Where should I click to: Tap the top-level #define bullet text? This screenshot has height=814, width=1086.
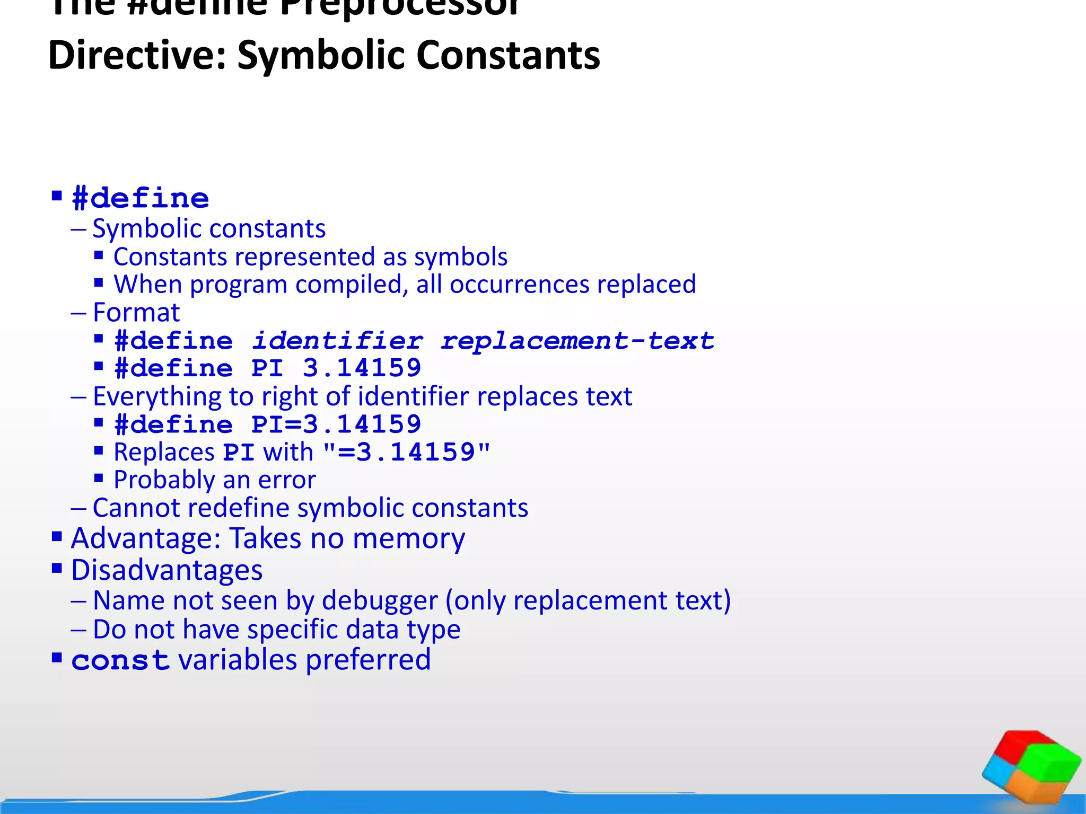point(141,198)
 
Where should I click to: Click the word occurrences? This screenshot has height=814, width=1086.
point(519,284)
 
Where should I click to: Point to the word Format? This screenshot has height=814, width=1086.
point(136,312)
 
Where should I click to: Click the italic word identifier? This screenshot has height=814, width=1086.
point(337,340)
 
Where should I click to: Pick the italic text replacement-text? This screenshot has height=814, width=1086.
point(577,340)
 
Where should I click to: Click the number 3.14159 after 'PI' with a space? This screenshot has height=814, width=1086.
point(362,368)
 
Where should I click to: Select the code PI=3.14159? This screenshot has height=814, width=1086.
point(336,424)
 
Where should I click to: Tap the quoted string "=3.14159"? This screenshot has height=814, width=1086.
point(406,452)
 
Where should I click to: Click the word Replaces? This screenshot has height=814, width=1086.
point(164,452)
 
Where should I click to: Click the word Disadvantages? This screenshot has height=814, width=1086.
point(167,570)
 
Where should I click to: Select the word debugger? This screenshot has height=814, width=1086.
point(380,600)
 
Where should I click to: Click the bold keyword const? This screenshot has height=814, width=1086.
point(120,660)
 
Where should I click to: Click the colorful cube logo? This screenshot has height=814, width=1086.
point(1031,766)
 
